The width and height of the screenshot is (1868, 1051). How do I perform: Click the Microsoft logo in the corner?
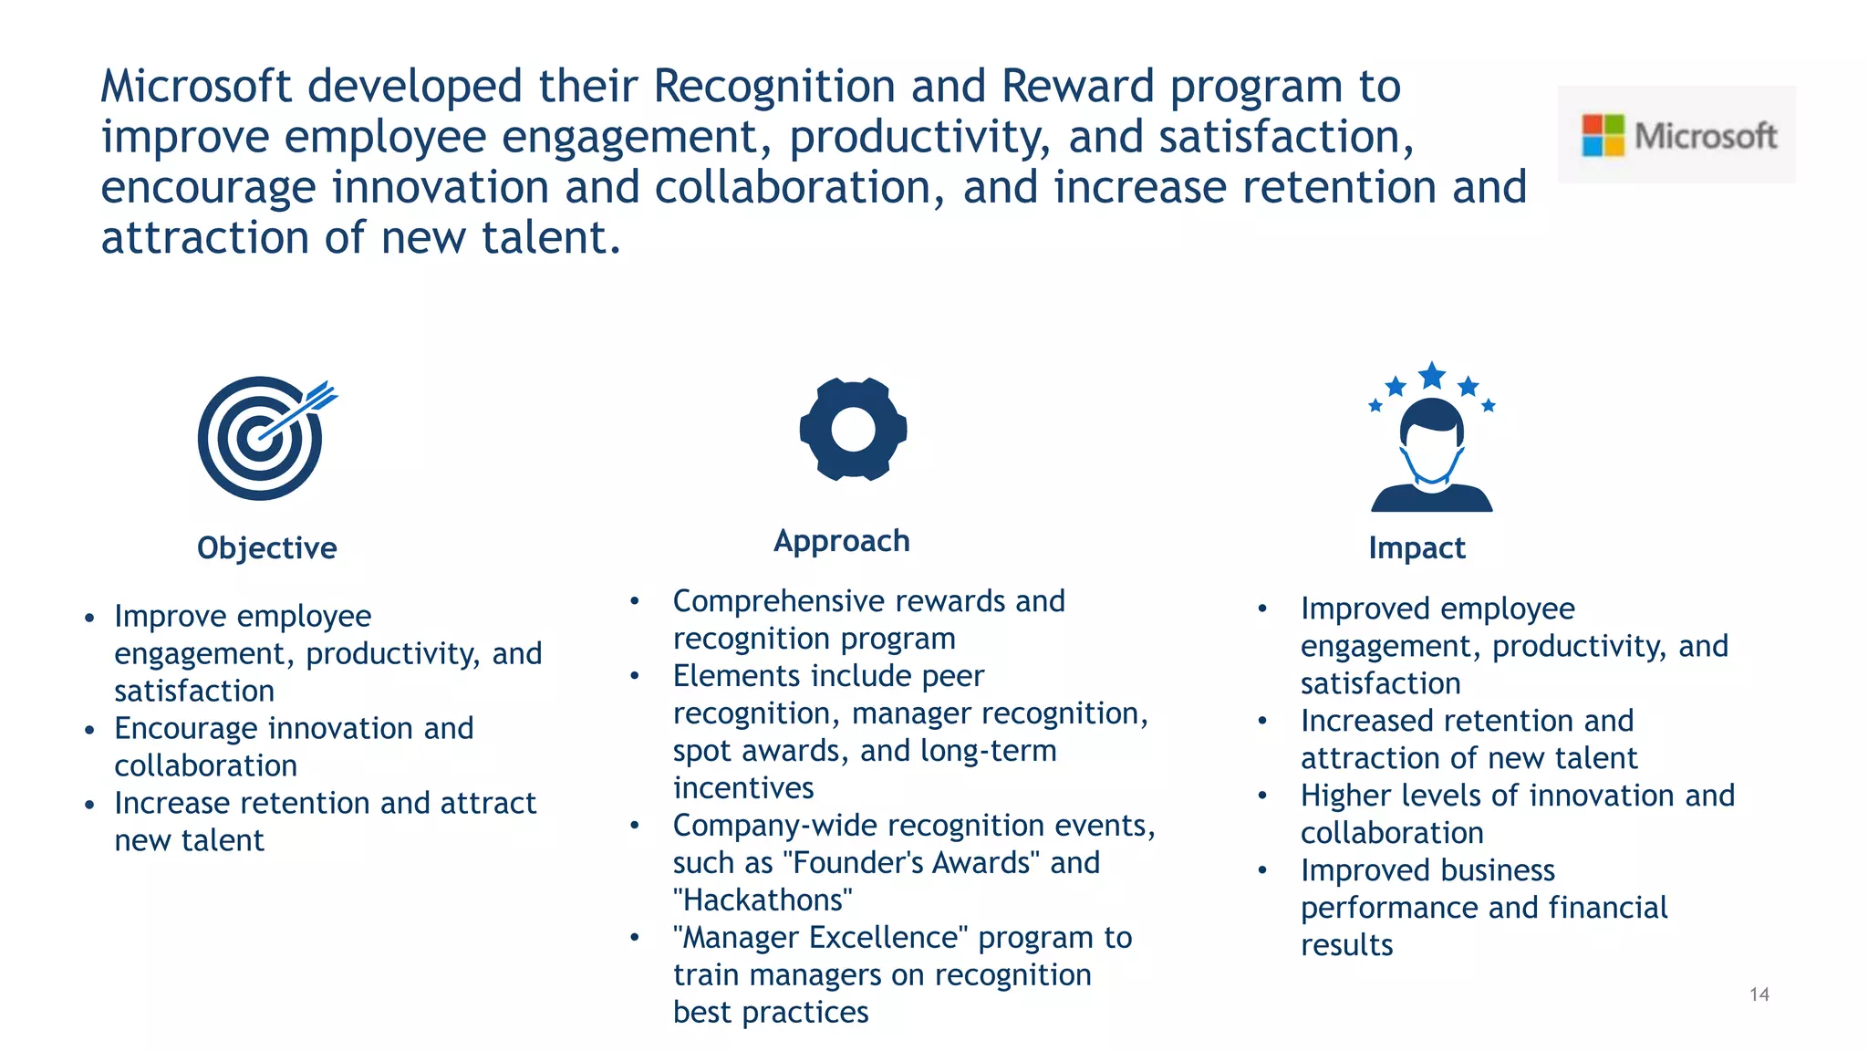[x=1676, y=135]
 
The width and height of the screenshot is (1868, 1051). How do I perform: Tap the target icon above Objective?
[x=261, y=438]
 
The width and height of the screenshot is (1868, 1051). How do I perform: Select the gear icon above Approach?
[x=853, y=429]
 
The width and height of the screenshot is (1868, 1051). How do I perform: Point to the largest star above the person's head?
[x=1432, y=375]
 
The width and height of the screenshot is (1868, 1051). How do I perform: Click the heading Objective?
[x=266, y=547]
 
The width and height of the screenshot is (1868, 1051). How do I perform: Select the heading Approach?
[x=841, y=540]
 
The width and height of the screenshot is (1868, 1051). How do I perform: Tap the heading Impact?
[x=1417, y=547]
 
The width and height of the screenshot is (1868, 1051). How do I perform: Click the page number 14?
[x=1759, y=994]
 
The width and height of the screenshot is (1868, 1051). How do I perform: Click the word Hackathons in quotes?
[x=763, y=900]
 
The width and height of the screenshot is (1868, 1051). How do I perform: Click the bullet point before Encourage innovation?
[x=89, y=730]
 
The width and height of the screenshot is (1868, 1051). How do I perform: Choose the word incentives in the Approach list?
[x=743, y=787]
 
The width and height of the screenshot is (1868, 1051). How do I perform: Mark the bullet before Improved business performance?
[x=1262, y=871]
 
